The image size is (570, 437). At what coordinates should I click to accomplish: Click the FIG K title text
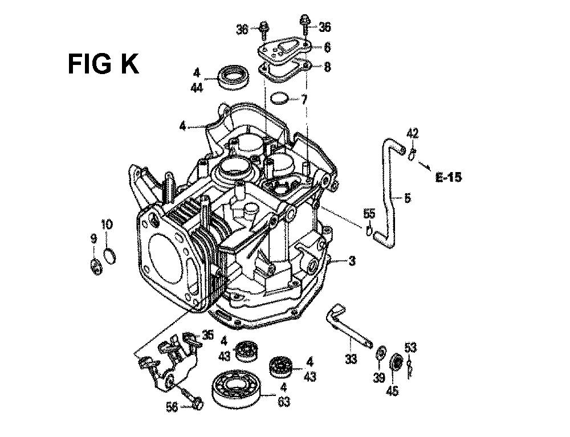coord(103,64)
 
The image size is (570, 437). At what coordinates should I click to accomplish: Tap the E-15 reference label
coord(449,177)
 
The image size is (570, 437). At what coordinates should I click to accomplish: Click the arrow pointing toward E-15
coord(425,165)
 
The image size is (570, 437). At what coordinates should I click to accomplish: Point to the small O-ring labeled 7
coord(280,99)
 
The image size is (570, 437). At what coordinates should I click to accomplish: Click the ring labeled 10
coord(109,255)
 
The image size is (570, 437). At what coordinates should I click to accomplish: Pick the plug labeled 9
coord(96,267)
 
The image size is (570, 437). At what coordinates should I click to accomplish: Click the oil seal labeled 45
coord(395,364)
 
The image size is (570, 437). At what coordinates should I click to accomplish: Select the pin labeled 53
coord(410,367)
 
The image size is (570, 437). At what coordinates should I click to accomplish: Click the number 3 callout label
coord(352,261)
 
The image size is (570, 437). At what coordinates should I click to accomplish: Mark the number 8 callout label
coord(327,67)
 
